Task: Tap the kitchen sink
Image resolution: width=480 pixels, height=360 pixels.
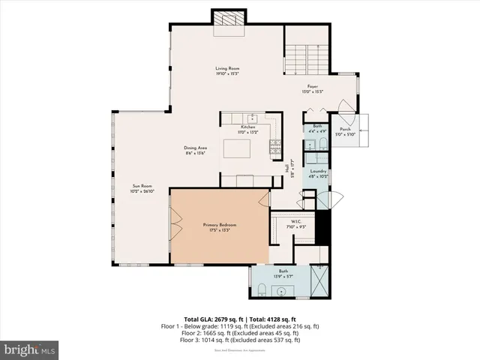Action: pos(253,118)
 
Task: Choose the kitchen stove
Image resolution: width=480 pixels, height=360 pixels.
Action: pos(274,142)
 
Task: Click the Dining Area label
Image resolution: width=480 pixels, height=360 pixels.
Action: pos(196,149)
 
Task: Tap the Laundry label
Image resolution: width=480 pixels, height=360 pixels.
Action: pos(318,174)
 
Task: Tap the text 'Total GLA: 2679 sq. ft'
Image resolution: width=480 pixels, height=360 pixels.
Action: pos(211,319)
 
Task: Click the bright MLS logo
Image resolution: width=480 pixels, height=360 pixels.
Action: pos(30,349)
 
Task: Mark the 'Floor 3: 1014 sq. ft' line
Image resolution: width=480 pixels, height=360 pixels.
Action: pos(239,340)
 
